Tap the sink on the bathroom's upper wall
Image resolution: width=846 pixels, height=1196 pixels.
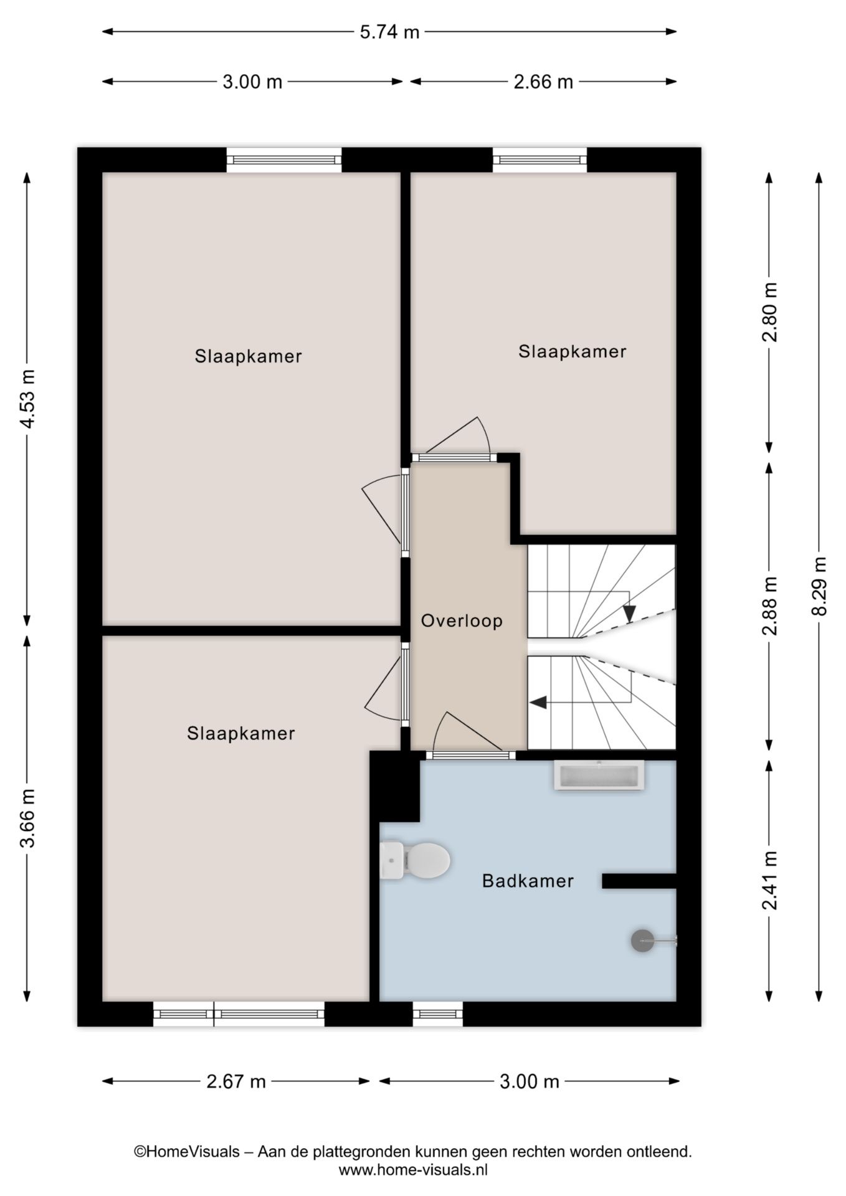599,776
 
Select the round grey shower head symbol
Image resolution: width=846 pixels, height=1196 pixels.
642,940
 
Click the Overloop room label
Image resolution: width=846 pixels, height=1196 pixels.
462,621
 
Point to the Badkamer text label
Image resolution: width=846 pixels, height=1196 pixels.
528,881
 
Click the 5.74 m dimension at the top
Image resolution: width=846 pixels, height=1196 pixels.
389,32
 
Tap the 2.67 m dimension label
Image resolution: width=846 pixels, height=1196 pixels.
236,1081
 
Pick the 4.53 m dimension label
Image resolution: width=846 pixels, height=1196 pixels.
27,399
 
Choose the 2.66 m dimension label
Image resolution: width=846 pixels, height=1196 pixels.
543,82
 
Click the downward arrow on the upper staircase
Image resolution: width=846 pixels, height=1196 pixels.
629,614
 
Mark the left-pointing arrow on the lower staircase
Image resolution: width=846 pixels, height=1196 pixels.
538,703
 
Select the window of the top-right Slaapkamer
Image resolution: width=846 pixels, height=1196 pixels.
539,160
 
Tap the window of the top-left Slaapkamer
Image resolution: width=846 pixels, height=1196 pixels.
284,160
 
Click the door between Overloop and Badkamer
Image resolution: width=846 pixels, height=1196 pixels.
470,755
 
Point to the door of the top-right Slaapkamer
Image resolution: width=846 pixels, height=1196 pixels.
454,457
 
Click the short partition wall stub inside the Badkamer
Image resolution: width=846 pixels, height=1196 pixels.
638,881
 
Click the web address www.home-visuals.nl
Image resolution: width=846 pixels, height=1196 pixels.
413,1170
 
